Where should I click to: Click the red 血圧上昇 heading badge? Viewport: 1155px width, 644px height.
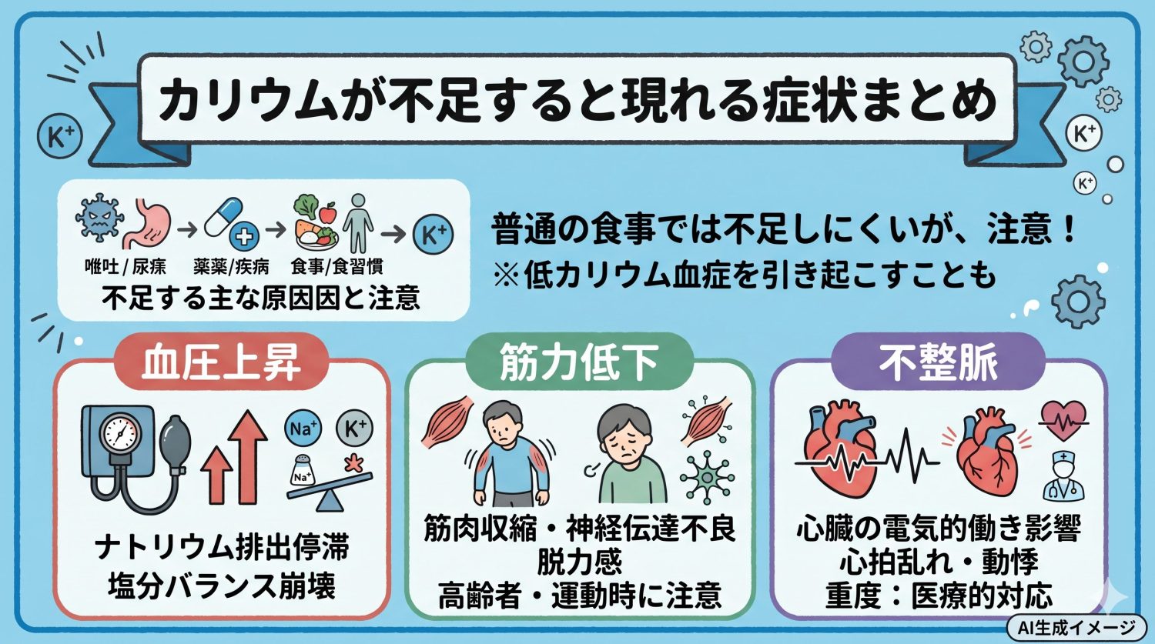[x=222, y=362]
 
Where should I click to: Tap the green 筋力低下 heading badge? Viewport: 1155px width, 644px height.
[x=579, y=362]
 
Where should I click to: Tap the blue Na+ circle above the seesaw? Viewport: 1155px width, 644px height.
[x=302, y=429]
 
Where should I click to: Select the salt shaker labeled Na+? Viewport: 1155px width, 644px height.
[x=303, y=471]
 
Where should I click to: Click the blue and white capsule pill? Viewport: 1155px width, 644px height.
[x=223, y=217]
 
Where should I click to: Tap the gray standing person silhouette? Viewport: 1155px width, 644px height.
[x=358, y=222]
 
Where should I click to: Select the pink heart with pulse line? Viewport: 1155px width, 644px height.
[x=1063, y=420]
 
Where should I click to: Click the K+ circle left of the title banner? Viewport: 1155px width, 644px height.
[x=60, y=136]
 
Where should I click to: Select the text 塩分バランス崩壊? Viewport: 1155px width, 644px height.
[x=222, y=586]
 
